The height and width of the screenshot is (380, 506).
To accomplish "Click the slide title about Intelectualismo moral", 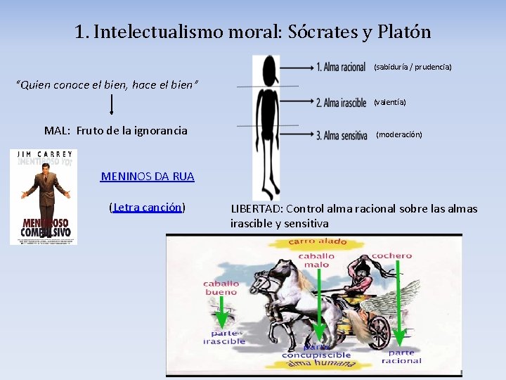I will (253, 32).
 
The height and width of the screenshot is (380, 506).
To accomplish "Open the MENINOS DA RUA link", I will (148, 176).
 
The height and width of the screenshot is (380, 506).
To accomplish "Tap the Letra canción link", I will (148, 208).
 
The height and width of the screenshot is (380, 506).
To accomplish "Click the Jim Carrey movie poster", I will (44, 197).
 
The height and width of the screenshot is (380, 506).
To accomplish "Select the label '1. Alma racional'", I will (340, 68).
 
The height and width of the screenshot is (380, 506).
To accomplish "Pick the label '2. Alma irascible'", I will (341, 103).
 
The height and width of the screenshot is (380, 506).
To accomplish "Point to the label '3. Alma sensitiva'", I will (342, 135).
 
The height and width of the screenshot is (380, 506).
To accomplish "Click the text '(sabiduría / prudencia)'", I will (413, 68).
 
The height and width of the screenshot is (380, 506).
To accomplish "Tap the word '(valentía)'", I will (389, 103).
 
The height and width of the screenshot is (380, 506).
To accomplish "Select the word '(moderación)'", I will (399, 134).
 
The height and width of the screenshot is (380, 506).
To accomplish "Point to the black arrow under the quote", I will (112, 106).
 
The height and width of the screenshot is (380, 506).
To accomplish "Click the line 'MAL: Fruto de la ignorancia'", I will (116, 130).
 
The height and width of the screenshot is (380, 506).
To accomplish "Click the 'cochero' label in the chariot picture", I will (391, 256).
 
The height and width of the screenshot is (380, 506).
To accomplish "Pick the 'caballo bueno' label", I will (221, 288).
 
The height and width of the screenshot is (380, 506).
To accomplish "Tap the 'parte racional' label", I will (401, 357).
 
